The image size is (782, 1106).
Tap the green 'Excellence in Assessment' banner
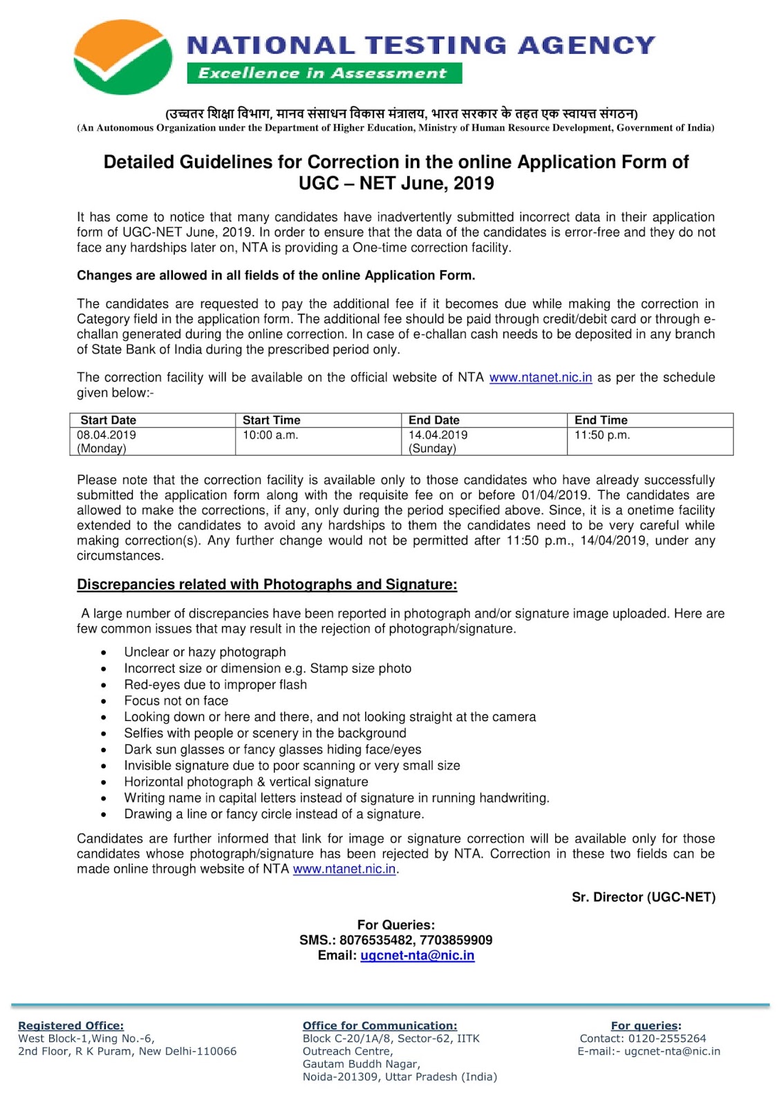pos(324,73)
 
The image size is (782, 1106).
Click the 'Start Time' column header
pos(271,420)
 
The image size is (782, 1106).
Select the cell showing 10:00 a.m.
pos(270,435)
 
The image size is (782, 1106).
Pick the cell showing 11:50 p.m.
pos(602,435)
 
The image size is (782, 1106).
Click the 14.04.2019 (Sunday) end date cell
pos(438,441)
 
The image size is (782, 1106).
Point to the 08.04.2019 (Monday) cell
pos(106,441)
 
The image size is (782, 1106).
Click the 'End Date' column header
pos(434,420)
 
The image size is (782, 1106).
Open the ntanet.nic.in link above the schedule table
pos(540,377)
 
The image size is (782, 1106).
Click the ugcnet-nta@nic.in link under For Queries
pos(417,955)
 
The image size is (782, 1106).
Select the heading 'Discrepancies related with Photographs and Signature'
pos(267,585)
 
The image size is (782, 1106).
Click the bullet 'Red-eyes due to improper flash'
pos(215,684)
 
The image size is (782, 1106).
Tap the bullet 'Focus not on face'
pos(176,701)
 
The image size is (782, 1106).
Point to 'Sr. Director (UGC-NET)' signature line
pos(643,897)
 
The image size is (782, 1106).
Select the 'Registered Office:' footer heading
pos(71,1026)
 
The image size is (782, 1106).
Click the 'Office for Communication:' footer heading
pos(380,1026)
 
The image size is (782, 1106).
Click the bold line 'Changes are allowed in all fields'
pos(276,276)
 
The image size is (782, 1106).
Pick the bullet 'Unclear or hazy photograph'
pos(205,652)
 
